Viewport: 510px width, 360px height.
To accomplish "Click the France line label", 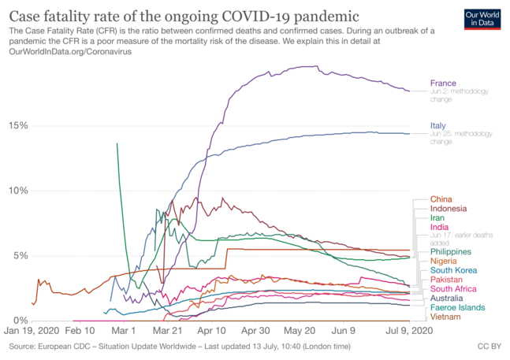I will [x=443, y=83].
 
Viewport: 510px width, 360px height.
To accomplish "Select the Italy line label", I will [x=438, y=126].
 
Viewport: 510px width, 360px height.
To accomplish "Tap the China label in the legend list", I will [x=441, y=199].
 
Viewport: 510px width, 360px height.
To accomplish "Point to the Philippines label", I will [x=451, y=251].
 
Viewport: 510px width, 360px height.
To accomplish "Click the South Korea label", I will [x=453, y=270].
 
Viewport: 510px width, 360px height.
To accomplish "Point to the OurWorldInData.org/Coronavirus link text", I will [x=70, y=50].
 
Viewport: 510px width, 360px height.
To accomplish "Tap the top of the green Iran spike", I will [x=117, y=144].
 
